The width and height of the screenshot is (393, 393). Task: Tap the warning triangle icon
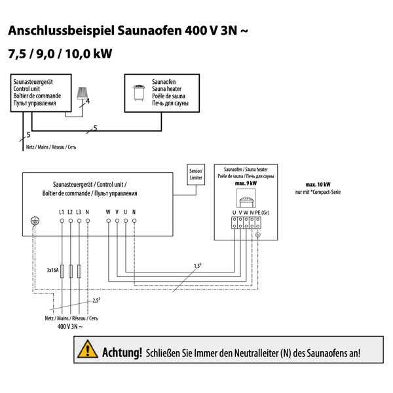[x=87, y=350]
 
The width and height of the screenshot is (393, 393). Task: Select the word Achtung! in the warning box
[x=122, y=352]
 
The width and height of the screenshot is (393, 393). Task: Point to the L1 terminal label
[x=62, y=212]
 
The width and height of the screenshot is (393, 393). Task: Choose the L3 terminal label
[x=79, y=212]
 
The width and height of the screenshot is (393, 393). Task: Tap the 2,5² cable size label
[x=96, y=300]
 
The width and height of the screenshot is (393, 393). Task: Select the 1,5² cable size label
[x=197, y=265]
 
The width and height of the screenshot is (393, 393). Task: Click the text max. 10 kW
[x=318, y=185]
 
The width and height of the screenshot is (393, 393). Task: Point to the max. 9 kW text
[x=246, y=183]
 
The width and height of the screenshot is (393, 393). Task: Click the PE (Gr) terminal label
[x=262, y=212]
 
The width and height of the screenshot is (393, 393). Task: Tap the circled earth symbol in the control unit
[x=35, y=221]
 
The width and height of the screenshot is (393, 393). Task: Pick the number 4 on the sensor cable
[x=87, y=102]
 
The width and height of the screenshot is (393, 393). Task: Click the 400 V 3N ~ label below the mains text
[x=70, y=326]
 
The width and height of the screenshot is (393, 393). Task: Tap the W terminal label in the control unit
[x=108, y=212]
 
